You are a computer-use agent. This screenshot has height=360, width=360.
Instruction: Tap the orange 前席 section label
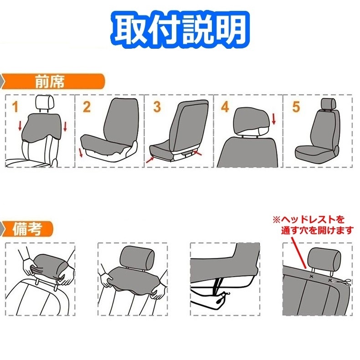(x=49, y=82)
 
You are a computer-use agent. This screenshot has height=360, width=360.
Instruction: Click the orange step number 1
(x=15, y=108)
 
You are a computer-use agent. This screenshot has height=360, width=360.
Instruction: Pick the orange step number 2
(x=87, y=108)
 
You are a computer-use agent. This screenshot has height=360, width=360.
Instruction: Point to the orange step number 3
(x=157, y=108)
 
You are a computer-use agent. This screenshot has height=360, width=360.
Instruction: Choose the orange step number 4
(x=225, y=108)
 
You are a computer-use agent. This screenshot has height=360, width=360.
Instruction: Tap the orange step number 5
(x=296, y=108)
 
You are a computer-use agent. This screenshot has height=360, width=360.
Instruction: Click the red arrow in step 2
(x=81, y=152)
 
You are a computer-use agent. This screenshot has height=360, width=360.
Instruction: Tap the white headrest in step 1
(x=43, y=103)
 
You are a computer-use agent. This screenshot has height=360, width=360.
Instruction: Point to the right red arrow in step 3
(x=197, y=154)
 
